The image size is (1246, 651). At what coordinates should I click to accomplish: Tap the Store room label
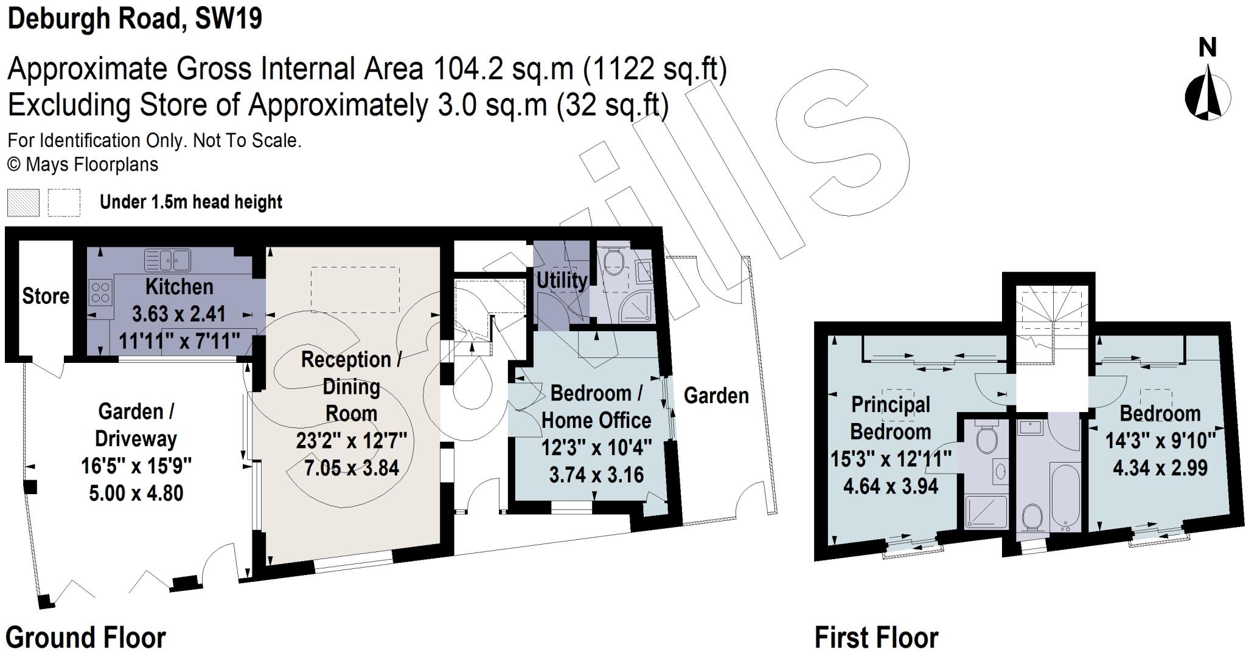point(46,296)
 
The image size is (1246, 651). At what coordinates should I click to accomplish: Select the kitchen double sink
point(167,260)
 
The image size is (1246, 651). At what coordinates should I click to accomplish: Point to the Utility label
point(561,280)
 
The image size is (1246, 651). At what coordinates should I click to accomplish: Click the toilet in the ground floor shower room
point(614,260)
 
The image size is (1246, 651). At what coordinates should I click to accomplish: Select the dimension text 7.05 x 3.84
point(351,467)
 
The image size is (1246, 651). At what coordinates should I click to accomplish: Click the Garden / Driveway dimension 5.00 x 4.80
point(136,492)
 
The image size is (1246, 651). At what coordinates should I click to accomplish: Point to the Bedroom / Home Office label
point(596,407)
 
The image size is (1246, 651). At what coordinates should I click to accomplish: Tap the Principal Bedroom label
point(890,418)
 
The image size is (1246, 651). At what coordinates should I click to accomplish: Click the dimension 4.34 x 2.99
point(1160,468)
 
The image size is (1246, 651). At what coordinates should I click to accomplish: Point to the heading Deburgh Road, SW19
point(134,18)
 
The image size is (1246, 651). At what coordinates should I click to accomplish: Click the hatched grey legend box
point(23,202)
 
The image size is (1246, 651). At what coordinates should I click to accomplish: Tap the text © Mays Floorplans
point(83,165)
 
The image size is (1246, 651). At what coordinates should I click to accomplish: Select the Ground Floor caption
point(86,638)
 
